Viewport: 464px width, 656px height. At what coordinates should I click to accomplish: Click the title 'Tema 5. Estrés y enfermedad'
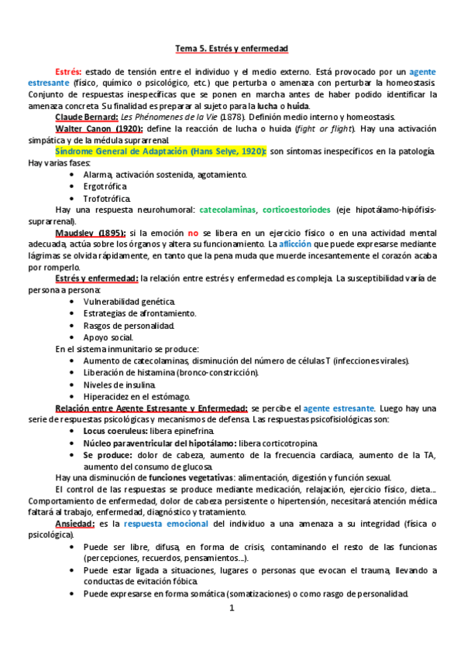232,48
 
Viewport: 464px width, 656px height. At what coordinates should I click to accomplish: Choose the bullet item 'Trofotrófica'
107,197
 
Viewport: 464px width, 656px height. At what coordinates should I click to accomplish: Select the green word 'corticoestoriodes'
296,209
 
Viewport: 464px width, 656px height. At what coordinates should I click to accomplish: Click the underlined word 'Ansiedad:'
76,524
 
